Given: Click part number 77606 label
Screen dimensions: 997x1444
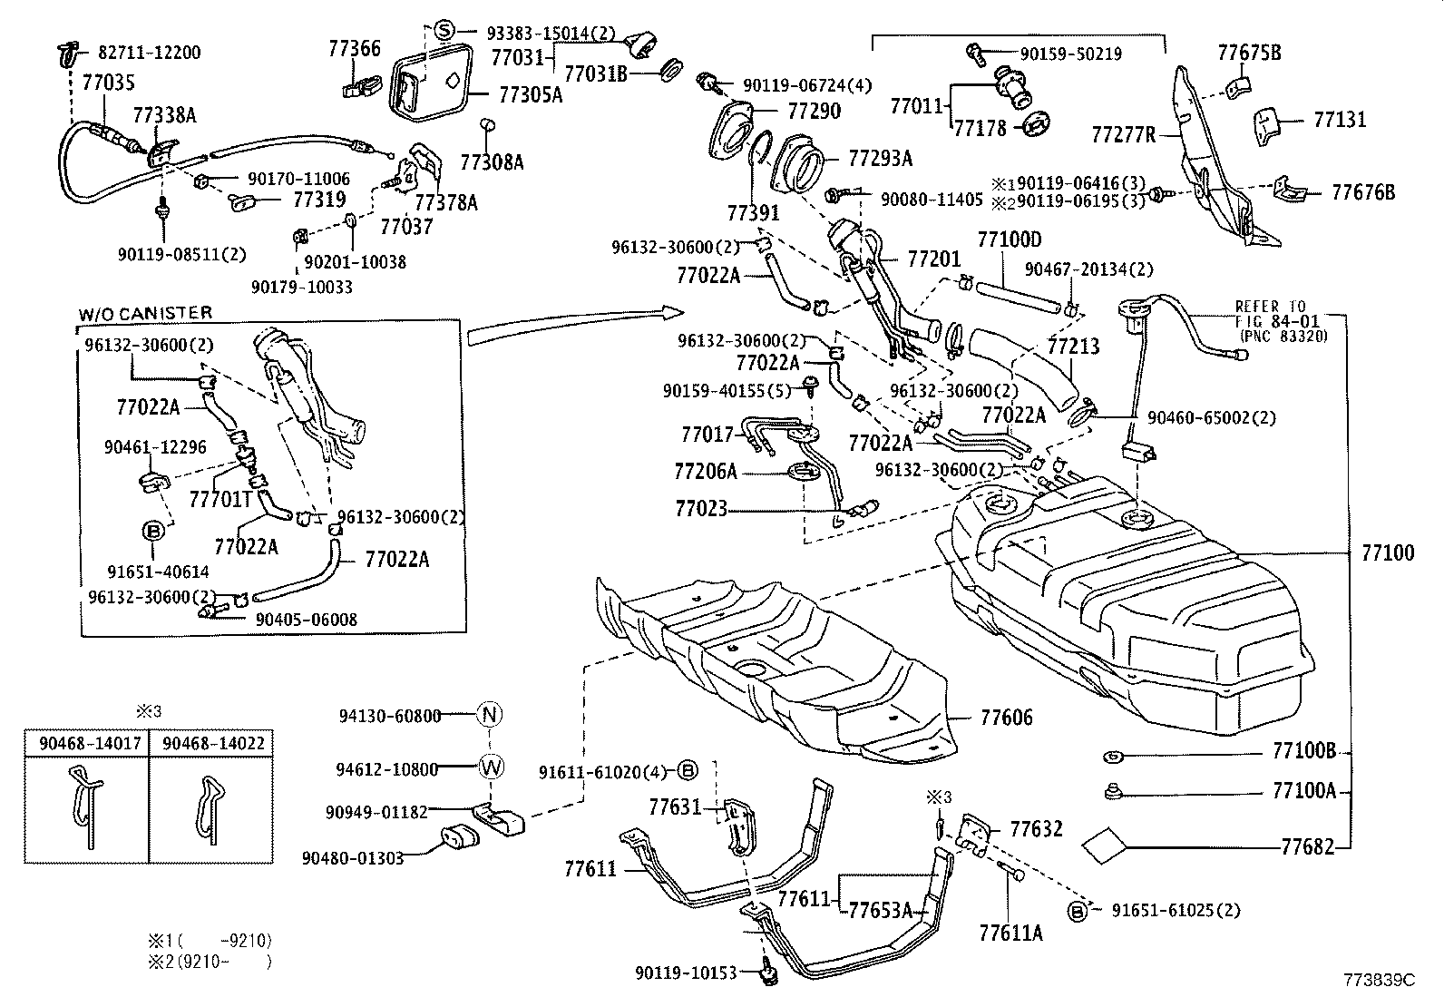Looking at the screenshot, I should point(1006,718).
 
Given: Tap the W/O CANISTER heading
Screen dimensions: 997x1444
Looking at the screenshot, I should point(145,313).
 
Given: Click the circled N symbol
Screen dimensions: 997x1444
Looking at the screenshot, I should point(490,715).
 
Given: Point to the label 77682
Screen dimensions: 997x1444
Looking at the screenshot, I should point(1308,847).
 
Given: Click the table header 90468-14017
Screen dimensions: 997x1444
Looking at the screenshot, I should point(90,743).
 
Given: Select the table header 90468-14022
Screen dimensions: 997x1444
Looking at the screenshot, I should point(213,743).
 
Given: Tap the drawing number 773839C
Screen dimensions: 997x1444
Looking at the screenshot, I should point(1379,980).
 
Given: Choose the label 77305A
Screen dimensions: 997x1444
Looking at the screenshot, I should point(530,94).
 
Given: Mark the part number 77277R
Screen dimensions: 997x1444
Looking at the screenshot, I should point(1124,135).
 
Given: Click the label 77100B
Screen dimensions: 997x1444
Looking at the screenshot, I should point(1304,751).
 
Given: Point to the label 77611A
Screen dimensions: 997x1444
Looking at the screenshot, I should point(1010,932).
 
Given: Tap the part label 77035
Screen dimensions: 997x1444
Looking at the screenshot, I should point(108,84).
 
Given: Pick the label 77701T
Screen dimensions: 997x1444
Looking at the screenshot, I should point(220,498).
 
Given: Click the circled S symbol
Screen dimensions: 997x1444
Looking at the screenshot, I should point(444,30).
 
